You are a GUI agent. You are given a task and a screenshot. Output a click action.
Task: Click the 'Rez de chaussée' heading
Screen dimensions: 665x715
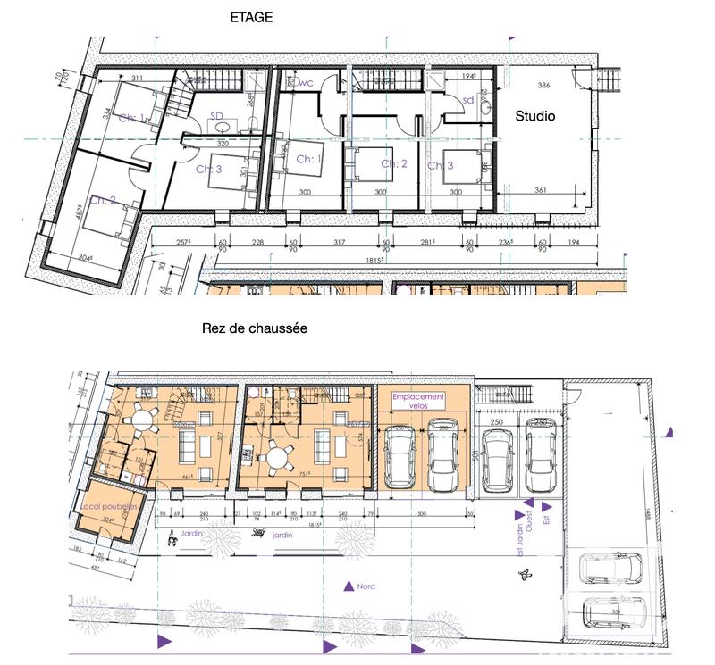[256, 328]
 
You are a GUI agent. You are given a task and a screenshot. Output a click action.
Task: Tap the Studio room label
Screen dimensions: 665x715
[534, 116]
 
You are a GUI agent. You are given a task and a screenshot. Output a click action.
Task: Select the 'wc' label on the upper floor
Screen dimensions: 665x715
[304, 83]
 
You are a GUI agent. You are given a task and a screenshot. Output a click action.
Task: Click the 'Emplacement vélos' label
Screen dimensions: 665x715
[423, 401]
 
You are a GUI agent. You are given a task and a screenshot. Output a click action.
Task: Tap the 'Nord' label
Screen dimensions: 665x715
[366, 587]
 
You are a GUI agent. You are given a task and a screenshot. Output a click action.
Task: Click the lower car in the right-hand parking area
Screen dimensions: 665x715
[614, 613]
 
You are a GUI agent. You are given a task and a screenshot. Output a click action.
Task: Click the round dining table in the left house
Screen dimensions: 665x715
[141, 420]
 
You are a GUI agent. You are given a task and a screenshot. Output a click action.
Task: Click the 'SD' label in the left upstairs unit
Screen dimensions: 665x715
[217, 115]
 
